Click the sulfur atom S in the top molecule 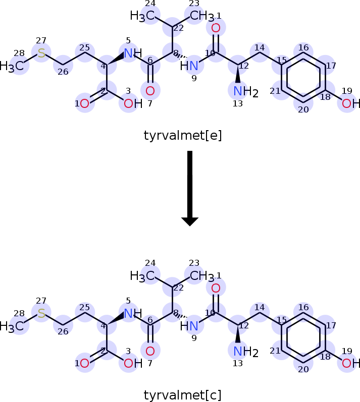pyautogui.click(x=41, y=53)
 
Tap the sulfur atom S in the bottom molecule pyautogui.click(x=41, y=314)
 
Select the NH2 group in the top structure pyautogui.click(x=245, y=92)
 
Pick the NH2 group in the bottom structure pyautogui.click(x=245, y=352)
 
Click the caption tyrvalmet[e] pyautogui.click(x=183, y=135)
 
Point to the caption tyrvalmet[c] pyautogui.click(x=183, y=394)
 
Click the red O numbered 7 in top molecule pyautogui.click(x=150, y=91)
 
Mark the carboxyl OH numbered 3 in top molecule pyautogui.click(x=129, y=104)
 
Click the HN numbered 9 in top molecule pyautogui.click(x=190, y=66)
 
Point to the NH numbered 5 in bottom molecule pyautogui.click(x=132, y=313)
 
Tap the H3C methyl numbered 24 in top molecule pyautogui.click(x=142, y=17)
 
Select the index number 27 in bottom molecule pyautogui.click(x=41, y=301)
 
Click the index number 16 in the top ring pyautogui.click(x=303, y=47)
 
